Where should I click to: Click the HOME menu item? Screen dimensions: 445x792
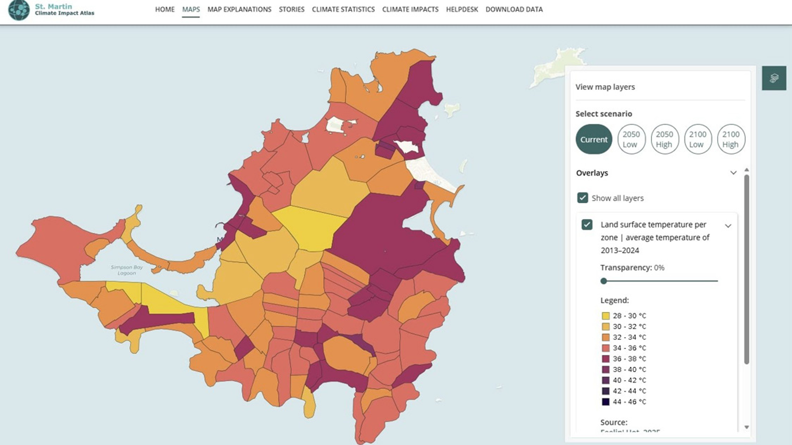[x=165, y=9]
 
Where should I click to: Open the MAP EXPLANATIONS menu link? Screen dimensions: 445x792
[x=239, y=9]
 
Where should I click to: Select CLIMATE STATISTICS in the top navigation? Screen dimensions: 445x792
[x=343, y=9]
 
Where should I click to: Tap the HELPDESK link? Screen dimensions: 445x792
[x=462, y=9]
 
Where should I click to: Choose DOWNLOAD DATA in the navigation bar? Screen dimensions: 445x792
[x=514, y=9]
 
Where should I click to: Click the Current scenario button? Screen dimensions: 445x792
[x=594, y=139]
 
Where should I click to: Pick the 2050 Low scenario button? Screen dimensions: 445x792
[x=631, y=139]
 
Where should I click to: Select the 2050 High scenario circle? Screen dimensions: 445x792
[x=664, y=139]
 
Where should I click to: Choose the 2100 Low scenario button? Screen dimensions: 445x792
[x=698, y=139]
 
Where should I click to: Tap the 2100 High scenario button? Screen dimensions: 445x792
[x=731, y=139]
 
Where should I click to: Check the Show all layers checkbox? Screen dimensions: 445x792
[x=582, y=198]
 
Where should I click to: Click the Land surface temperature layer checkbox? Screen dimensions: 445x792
[x=587, y=225]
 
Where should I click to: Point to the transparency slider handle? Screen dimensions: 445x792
[x=604, y=281]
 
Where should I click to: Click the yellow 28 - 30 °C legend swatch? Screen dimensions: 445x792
[x=606, y=316]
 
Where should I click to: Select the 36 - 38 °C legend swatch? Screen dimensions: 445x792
[x=606, y=359]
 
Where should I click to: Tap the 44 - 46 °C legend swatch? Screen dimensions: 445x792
[x=606, y=402]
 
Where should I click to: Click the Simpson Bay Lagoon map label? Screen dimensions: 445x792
[x=127, y=270]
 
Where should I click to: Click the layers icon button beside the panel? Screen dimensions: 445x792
[x=774, y=78]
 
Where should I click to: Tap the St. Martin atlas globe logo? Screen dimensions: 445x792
[x=19, y=10]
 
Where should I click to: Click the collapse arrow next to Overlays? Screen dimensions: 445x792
[x=733, y=173]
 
